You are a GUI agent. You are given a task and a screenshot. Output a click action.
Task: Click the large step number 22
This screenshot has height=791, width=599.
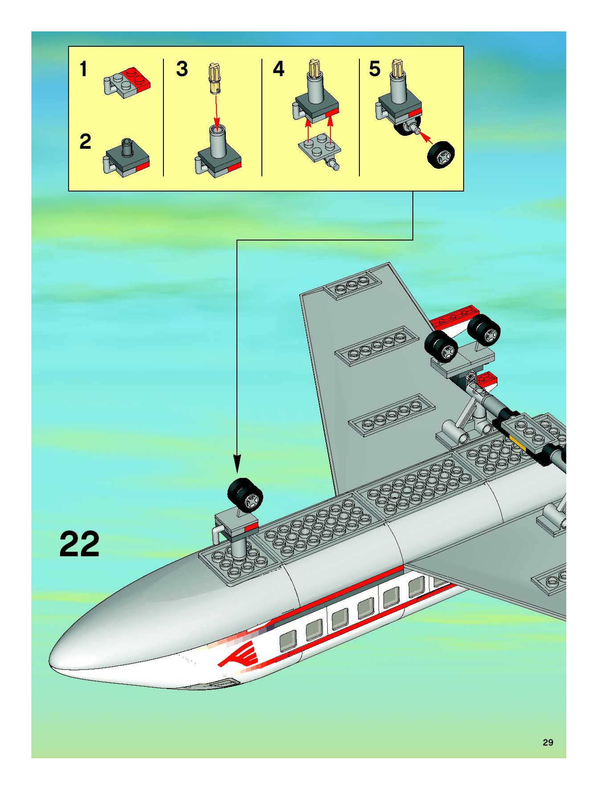coord(79,544)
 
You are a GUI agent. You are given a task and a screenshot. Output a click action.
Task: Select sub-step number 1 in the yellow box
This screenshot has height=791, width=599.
coord(83,69)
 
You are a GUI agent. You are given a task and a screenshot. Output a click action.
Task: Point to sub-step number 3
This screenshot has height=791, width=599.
coord(182,69)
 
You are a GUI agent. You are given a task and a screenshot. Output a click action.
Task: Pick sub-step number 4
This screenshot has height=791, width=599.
coord(279,69)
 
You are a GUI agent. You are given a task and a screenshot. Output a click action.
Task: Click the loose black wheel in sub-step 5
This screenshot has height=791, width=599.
coord(441,155)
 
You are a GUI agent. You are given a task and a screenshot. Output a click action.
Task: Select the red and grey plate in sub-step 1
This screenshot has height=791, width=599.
coord(127,83)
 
